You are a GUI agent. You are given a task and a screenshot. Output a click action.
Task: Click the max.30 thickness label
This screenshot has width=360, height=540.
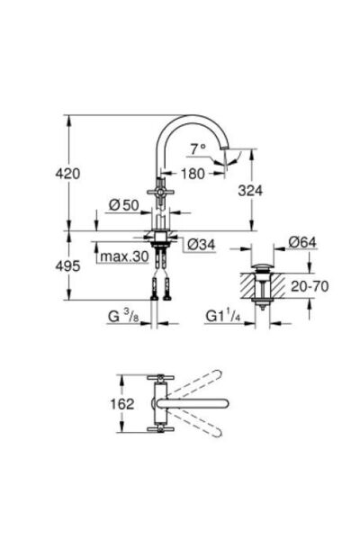[x=123, y=257]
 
